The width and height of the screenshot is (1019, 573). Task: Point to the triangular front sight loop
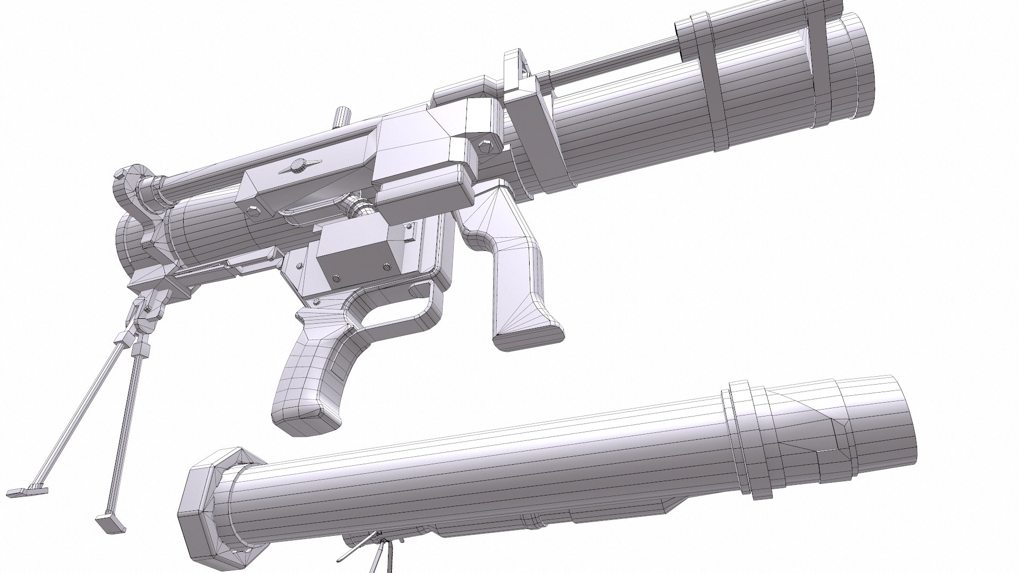[x=518, y=68]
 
